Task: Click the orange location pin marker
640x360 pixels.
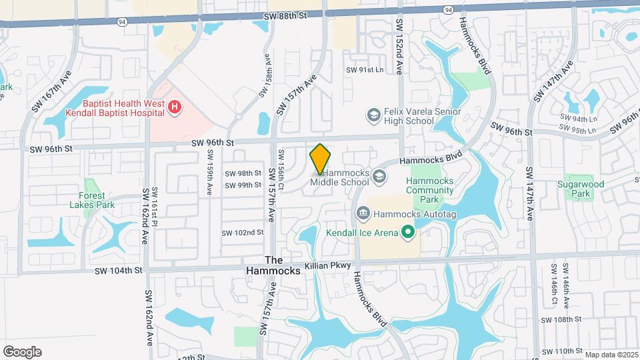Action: coord(321,159)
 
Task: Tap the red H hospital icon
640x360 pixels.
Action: coord(175,107)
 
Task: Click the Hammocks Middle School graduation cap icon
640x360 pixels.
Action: coord(379,176)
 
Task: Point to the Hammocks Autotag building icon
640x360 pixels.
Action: coord(363,214)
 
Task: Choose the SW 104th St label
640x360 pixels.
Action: coord(119,270)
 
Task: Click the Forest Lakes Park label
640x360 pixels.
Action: coord(92,200)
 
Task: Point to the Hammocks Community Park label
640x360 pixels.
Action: coord(431,190)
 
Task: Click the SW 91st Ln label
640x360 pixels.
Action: coord(365,69)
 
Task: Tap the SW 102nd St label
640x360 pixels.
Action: coord(243,232)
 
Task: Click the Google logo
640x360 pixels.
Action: coord(22,352)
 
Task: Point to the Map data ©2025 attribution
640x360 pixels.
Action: coord(611,355)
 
